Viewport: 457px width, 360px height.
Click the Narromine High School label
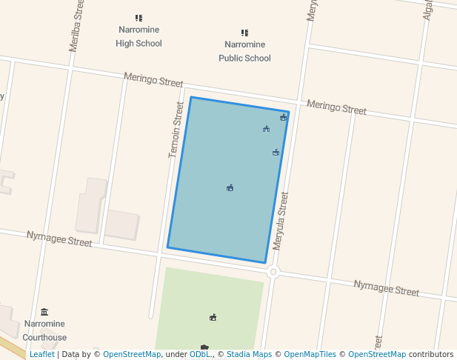point(139,36)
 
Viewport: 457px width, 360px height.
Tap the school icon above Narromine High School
point(139,18)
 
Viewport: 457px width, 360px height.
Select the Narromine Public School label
point(244,51)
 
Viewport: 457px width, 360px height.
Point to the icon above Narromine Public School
point(244,33)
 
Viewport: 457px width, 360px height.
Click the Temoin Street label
point(176,130)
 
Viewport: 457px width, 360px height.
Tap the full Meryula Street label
point(280,221)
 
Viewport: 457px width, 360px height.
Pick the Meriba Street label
point(75,26)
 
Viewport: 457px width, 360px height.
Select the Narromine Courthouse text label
point(44,330)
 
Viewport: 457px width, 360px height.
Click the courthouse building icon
point(44,312)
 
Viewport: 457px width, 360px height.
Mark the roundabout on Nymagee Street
point(273,272)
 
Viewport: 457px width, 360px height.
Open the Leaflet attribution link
point(41,355)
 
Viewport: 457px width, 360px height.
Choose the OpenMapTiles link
point(310,355)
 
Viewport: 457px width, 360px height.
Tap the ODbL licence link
point(200,355)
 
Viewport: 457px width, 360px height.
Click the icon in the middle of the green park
point(213,317)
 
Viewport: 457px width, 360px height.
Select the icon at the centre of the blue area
point(230,187)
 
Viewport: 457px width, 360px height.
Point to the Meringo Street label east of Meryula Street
point(336,107)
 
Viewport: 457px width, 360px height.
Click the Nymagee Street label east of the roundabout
point(386,288)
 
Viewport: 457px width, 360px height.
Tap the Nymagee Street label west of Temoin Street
point(59,238)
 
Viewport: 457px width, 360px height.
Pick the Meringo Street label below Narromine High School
point(153,80)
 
